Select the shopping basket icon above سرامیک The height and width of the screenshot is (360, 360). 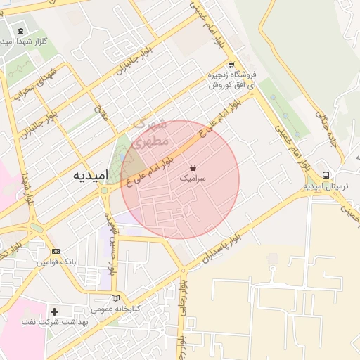click(x=193, y=168)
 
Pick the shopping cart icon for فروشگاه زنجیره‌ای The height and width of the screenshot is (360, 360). click(x=231, y=63)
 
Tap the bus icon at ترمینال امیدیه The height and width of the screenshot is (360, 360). click(x=326, y=175)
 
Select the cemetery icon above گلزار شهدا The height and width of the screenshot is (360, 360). click(x=20, y=31)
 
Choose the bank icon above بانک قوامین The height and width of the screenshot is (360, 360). click(x=56, y=251)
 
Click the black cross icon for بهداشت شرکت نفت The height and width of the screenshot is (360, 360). click(x=55, y=311)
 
